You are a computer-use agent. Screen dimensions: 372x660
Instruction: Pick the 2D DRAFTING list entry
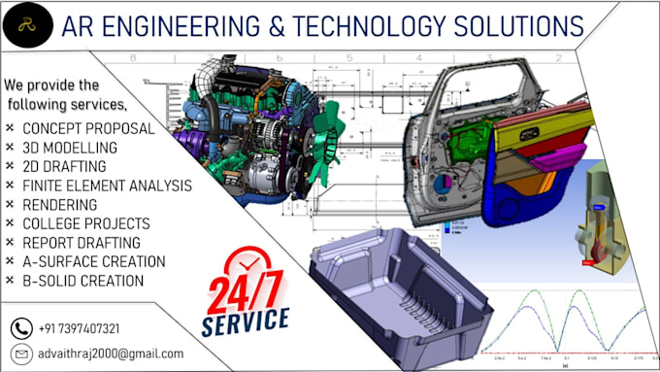65,166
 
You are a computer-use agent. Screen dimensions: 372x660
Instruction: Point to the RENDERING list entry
60,205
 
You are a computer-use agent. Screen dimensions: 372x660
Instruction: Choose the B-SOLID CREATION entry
82,281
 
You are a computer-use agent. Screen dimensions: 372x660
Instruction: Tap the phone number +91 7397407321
81,328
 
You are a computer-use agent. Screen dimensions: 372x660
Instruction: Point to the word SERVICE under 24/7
247,319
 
